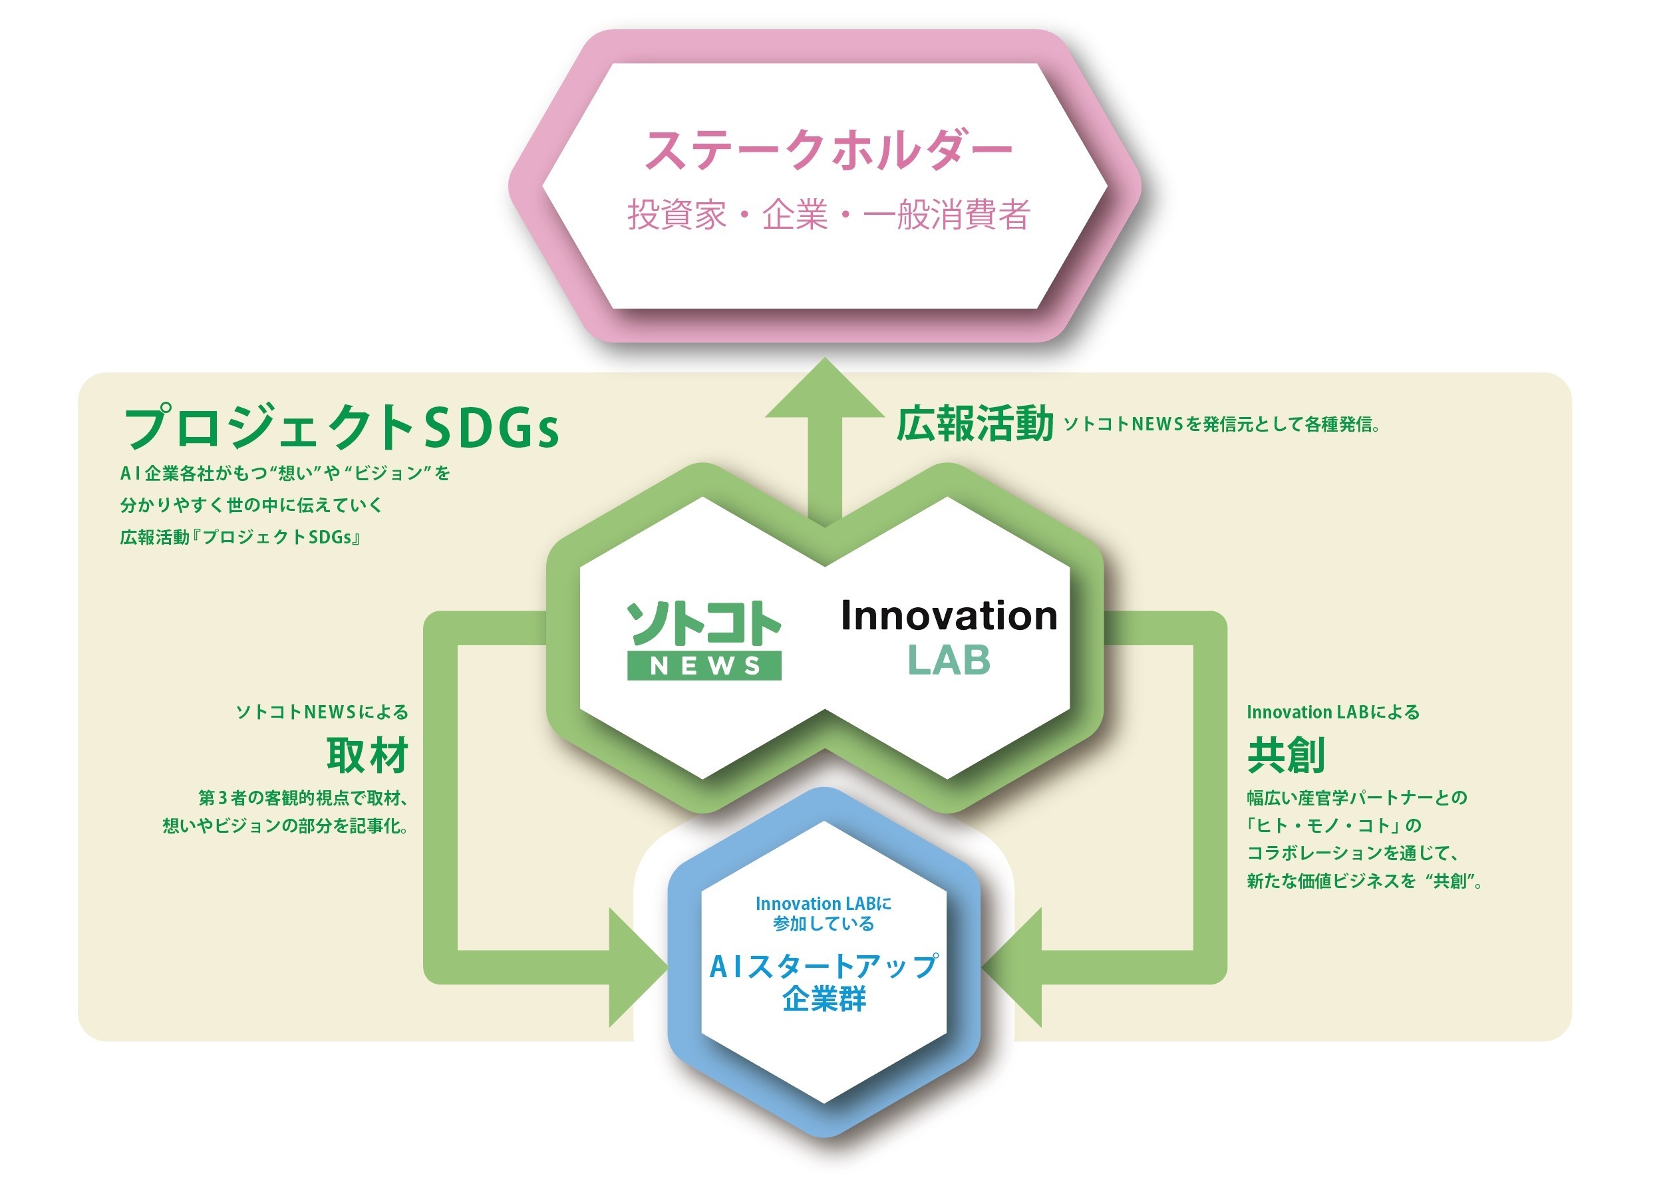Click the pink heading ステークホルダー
[828, 150]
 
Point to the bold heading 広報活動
[975, 424]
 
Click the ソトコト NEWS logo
[704, 641]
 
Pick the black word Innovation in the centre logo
[949, 616]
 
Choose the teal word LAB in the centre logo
[949, 661]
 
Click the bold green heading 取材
[367, 755]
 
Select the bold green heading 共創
[1285, 755]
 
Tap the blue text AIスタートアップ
[824, 966]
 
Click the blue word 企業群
[824, 998]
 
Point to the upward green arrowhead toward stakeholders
[824, 390]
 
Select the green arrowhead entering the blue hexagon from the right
[1014, 967]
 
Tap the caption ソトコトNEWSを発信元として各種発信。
[1221, 424]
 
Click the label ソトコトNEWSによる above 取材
[322, 712]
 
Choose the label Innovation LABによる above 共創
[1333, 712]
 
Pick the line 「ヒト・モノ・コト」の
[1334, 825]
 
